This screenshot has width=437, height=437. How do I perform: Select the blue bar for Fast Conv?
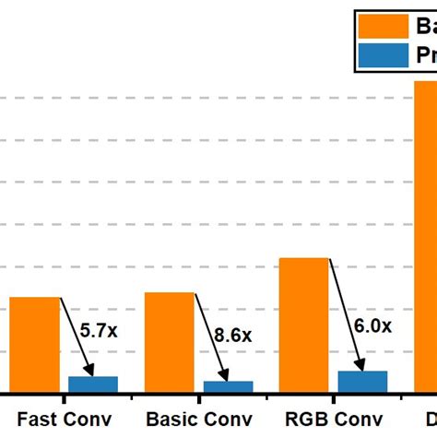tap(93, 384)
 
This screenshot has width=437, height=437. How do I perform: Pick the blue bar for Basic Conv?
tap(228, 386)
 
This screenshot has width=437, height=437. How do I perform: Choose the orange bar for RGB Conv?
tap(303, 325)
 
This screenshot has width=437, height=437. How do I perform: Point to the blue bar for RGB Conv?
tap(362, 382)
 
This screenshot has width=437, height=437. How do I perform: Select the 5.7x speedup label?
tap(97, 329)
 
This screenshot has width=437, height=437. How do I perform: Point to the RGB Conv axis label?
tap(334, 419)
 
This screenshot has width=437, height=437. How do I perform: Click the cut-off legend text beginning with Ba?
tap(425, 27)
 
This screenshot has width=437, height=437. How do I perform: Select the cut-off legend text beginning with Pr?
tap(426, 57)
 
